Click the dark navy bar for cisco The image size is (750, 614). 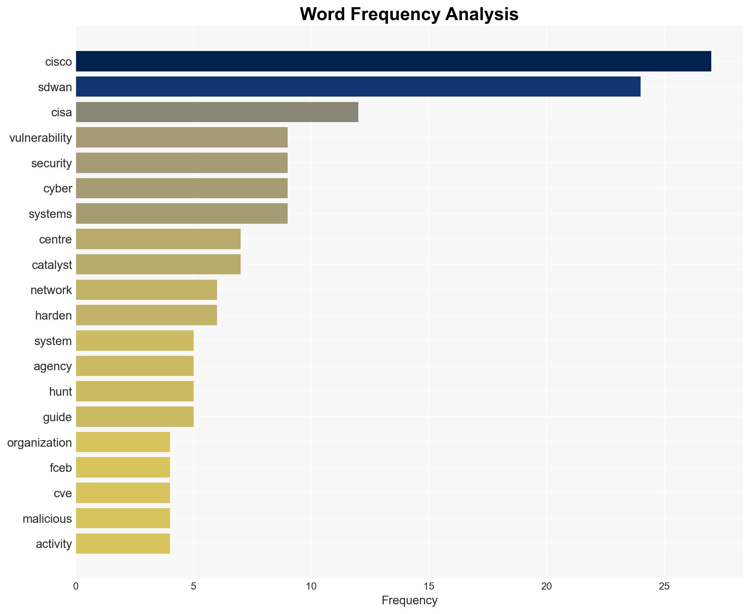393,61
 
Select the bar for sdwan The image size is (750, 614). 358,87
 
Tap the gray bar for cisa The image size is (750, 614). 217,112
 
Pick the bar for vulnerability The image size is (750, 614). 181,138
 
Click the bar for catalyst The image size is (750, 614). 158,265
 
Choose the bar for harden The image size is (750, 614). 146,315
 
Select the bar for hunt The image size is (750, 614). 135,391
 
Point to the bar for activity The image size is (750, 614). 123,544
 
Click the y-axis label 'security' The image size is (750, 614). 51,163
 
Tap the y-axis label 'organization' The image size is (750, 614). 39,443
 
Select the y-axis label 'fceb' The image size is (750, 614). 61,468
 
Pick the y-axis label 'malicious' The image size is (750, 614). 47,519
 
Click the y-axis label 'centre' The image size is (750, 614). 55,239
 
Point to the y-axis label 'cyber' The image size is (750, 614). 57,189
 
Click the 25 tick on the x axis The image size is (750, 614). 664,587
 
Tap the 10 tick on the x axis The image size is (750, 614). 311,587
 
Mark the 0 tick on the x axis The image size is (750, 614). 76,587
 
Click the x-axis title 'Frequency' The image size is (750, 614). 409,600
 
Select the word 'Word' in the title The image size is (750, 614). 323,14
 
